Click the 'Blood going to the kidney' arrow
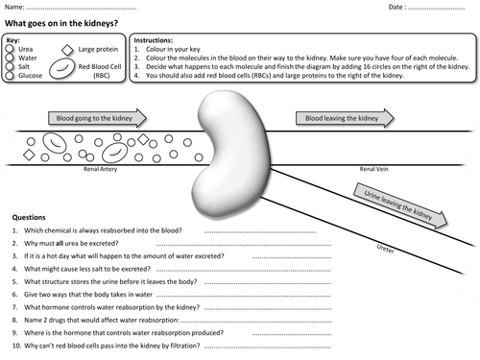pyautogui.click(x=97, y=118)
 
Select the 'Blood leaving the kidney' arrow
pyautogui.click(x=345, y=118)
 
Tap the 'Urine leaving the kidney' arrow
pyautogui.click(x=400, y=205)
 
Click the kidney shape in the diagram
pyautogui.click(x=231, y=153)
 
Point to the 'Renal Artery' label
pyautogui.click(x=100, y=169)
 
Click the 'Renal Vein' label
pyautogui.click(x=373, y=169)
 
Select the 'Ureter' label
pyautogui.click(x=385, y=249)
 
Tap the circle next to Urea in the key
pyautogui.click(x=10, y=49)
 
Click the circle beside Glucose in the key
pyautogui.click(x=10, y=75)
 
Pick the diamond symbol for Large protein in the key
pyautogui.click(x=67, y=50)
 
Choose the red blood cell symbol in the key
pyautogui.click(x=61, y=68)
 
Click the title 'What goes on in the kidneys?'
pyautogui.click(x=61, y=23)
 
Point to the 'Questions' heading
pyautogui.click(x=29, y=217)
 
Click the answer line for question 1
pyautogui.click(x=260, y=232)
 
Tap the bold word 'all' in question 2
pyautogui.click(x=60, y=244)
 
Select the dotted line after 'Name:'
pyautogui.click(x=82, y=9)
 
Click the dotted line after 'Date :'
pyautogui.click(x=437, y=9)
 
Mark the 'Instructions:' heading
pyautogui.click(x=154, y=40)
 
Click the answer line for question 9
pyautogui.click(x=292, y=334)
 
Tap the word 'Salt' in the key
pyautogui.click(x=24, y=66)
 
